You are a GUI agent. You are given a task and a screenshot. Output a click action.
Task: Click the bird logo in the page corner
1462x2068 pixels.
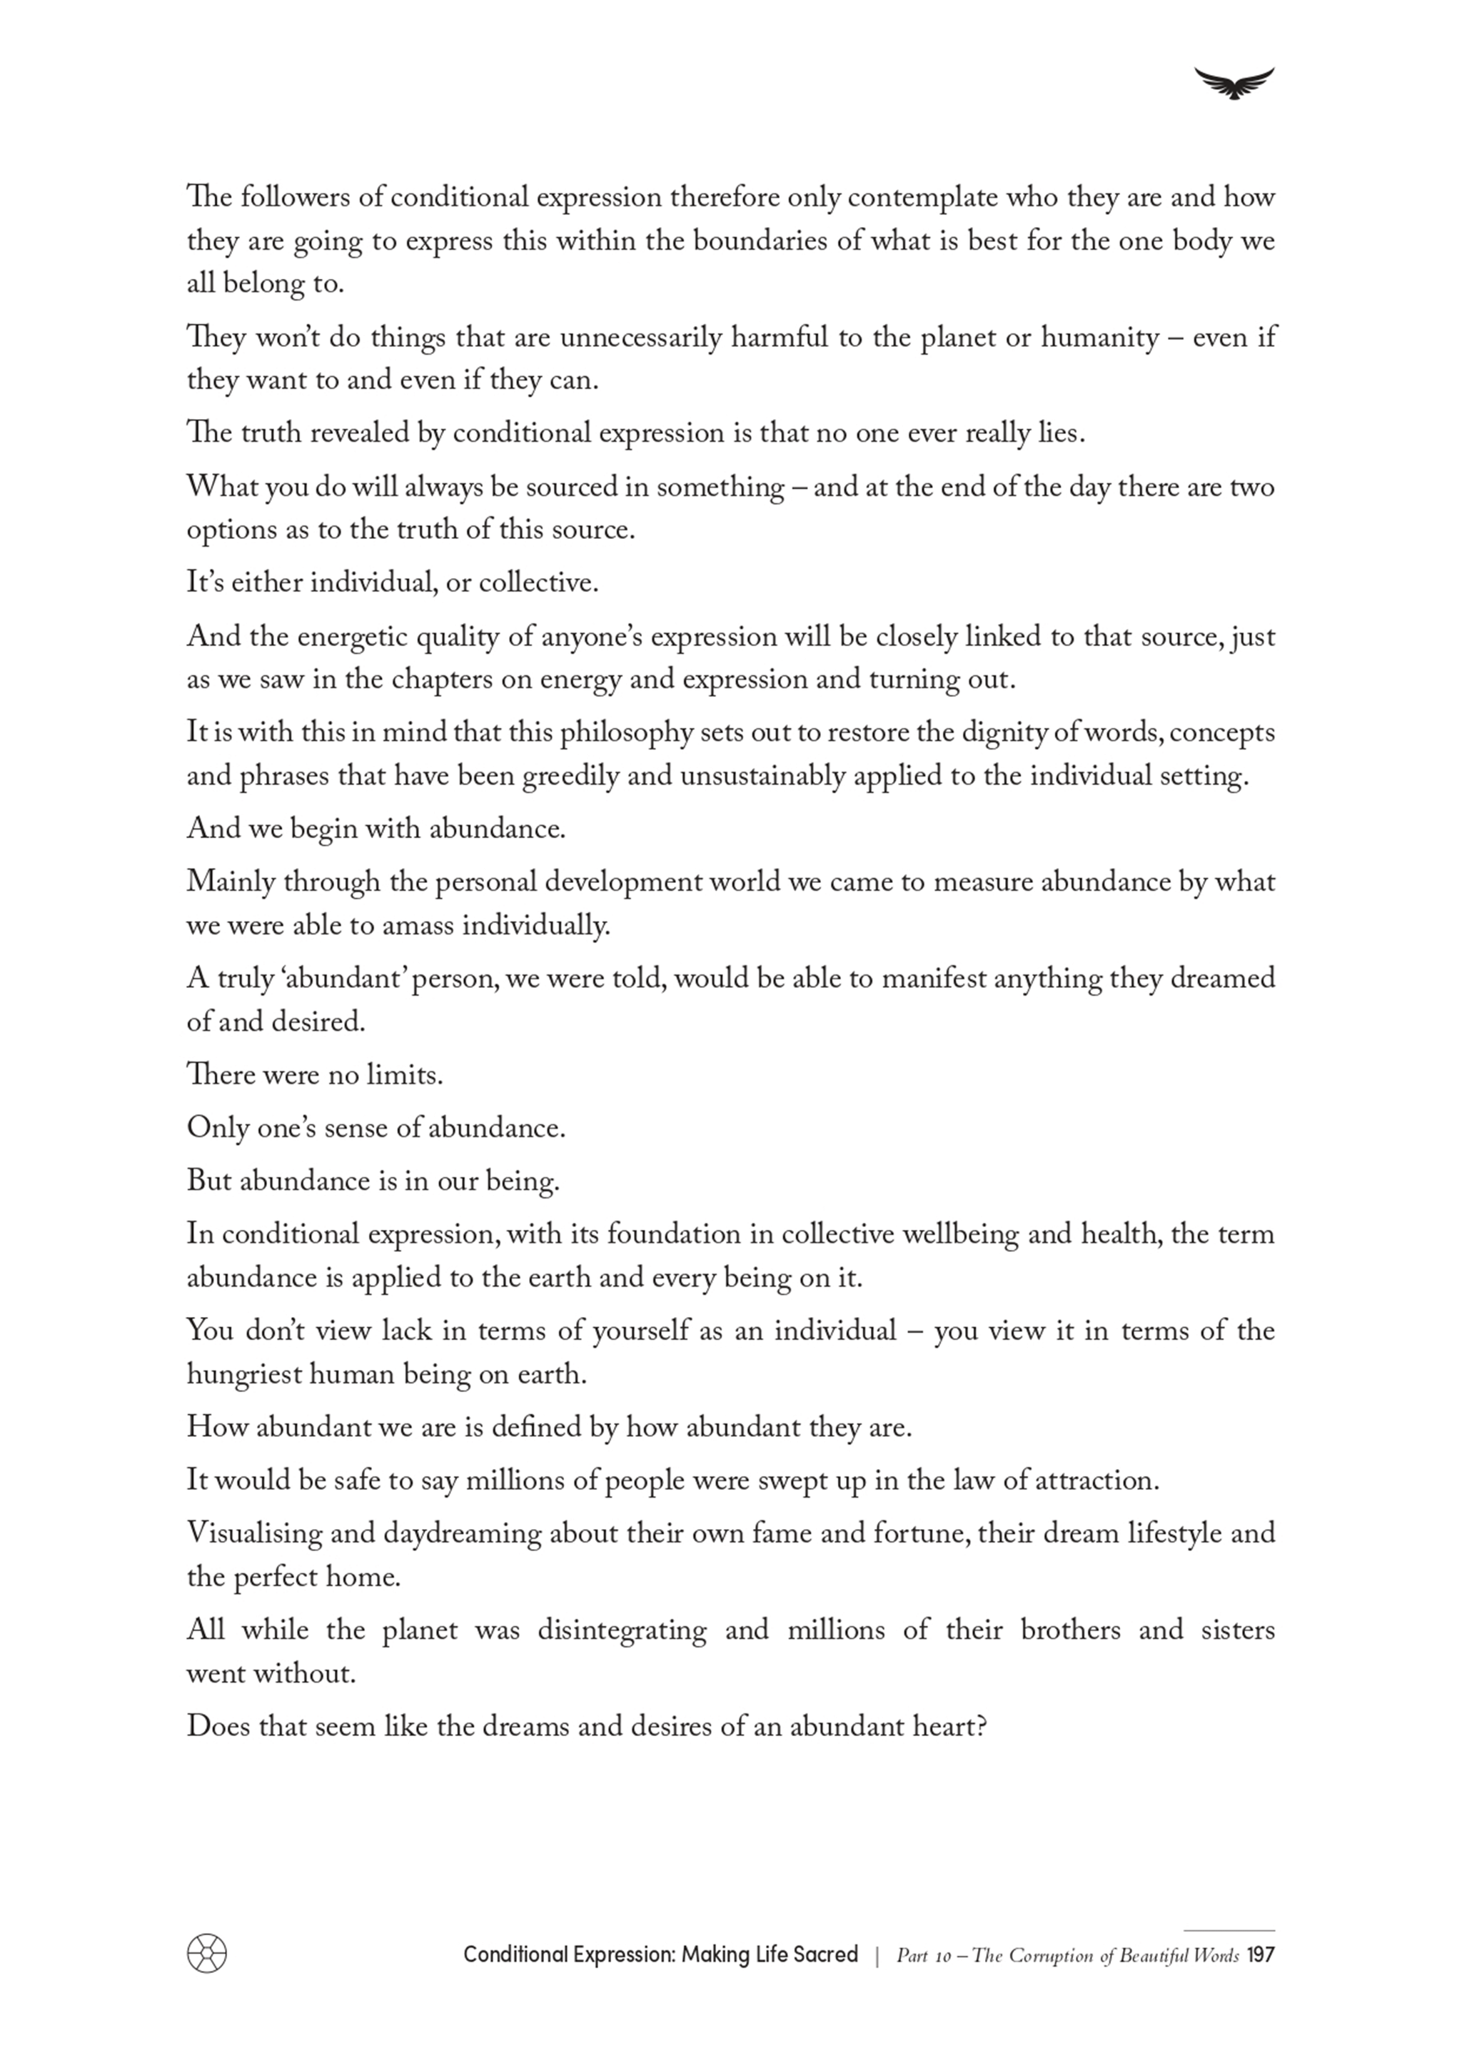[x=1234, y=83]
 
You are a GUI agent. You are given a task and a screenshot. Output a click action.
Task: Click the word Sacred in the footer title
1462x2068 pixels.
[x=826, y=1954]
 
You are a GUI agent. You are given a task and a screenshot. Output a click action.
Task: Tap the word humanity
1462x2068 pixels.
[x=1100, y=338]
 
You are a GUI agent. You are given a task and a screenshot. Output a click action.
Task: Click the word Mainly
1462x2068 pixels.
[x=230, y=882]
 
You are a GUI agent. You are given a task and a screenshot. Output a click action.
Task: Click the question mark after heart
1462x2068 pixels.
[x=981, y=1726]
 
